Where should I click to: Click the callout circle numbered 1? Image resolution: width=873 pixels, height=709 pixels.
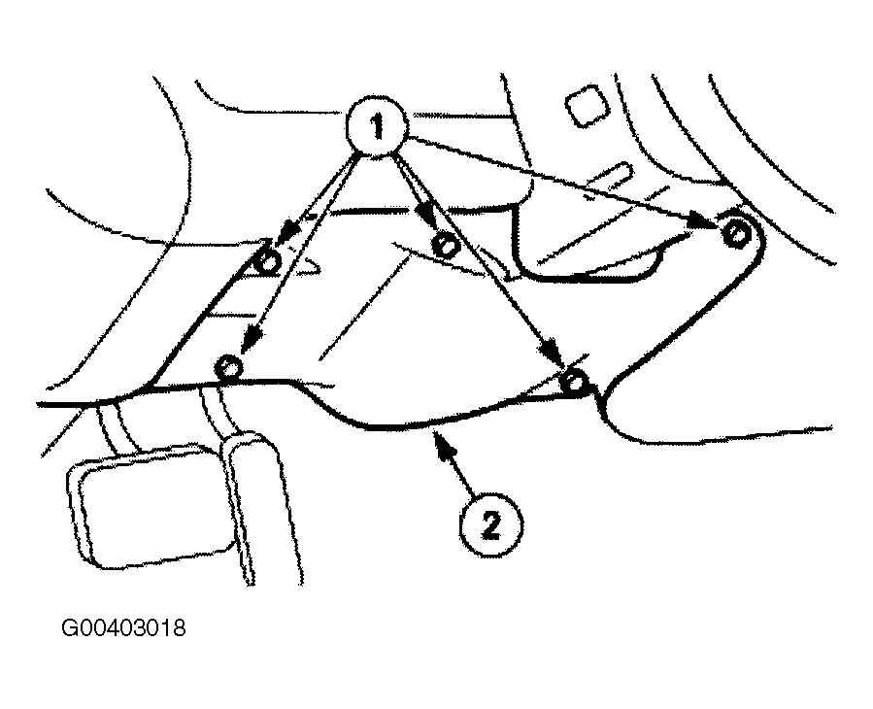click(x=378, y=127)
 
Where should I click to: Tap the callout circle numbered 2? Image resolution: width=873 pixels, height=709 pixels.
click(x=490, y=525)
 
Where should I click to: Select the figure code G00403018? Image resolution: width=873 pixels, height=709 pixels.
click(x=123, y=628)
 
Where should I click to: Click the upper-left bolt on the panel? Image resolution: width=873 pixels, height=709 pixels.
click(x=267, y=261)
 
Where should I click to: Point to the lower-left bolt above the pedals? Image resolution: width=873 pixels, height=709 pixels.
click(x=228, y=367)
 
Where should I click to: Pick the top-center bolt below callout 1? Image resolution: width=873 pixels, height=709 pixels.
click(x=446, y=245)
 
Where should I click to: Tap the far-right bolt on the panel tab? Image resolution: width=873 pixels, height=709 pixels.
click(x=736, y=233)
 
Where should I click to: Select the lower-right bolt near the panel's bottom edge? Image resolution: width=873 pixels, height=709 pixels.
click(x=574, y=382)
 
